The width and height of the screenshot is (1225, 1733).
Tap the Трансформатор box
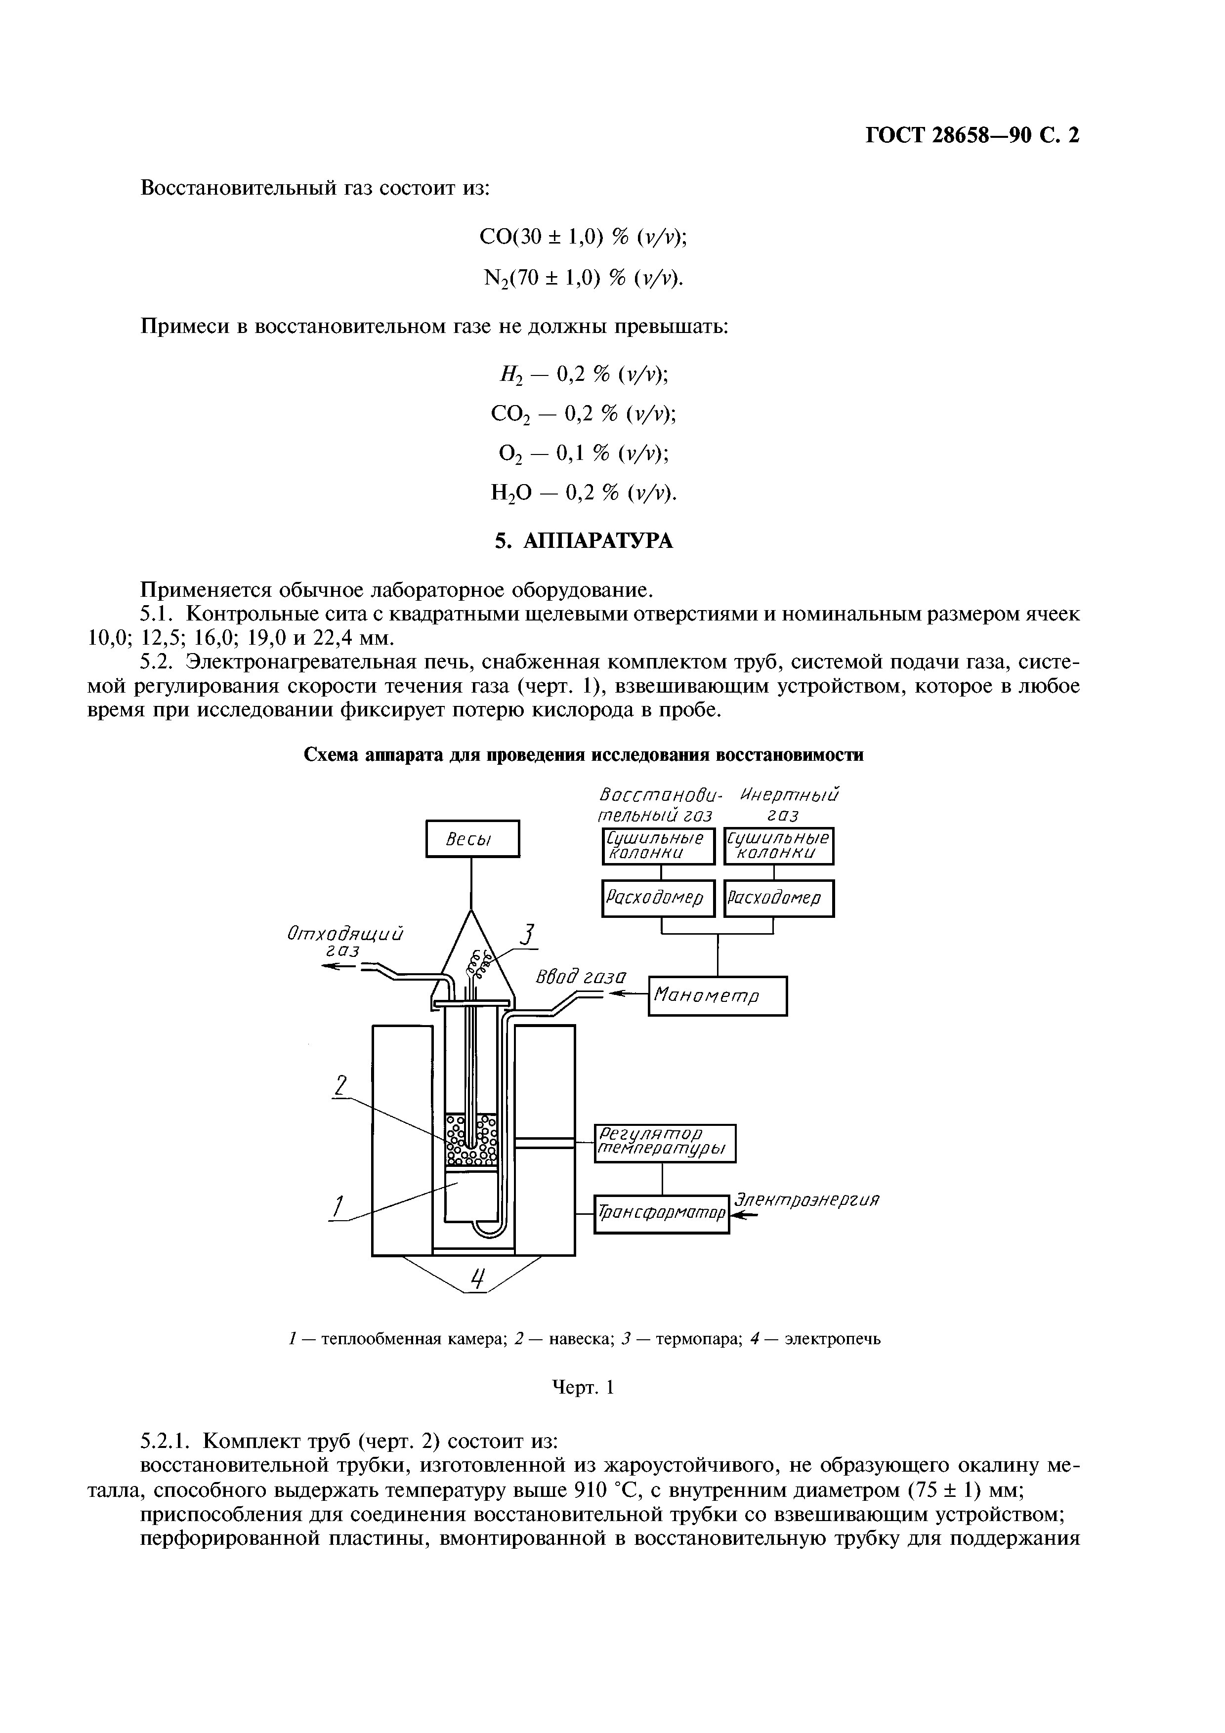click(x=662, y=1214)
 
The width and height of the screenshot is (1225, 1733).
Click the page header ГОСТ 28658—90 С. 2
click(x=972, y=135)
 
